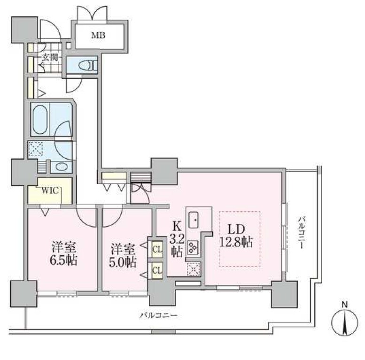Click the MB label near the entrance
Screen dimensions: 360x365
point(98,35)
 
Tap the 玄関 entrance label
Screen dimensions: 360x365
point(49,58)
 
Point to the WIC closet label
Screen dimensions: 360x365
point(49,191)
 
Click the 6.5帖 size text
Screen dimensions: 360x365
point(64,260)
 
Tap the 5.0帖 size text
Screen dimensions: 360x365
point(124,261)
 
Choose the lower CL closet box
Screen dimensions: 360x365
point(156,270)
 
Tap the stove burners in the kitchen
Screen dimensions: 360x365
point(193,247)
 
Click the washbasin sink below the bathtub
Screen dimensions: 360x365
point(61,167)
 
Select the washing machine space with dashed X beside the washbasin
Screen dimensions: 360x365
point(36,150)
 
